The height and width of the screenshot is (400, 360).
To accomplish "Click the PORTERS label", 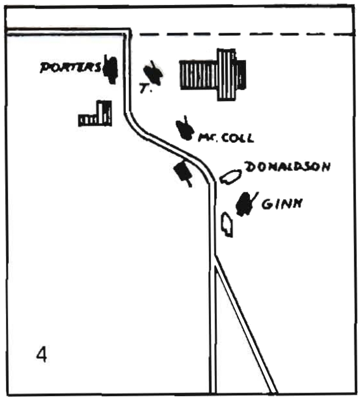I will [71, 67].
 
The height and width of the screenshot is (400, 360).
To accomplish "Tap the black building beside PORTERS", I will [111, 70].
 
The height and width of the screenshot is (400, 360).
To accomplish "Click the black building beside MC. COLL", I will [185, 129].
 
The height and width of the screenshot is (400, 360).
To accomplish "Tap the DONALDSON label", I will [287, 167].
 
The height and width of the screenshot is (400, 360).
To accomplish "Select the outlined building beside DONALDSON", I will [229, 176].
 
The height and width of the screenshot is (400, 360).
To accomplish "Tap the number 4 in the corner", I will [42, 354].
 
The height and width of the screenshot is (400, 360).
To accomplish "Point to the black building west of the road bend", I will [182, 172].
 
